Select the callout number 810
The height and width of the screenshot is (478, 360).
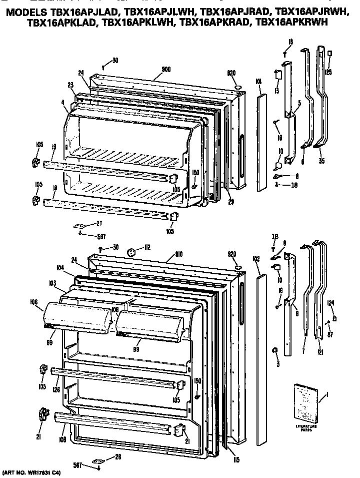(178, 255)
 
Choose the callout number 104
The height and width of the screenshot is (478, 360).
(61, 269)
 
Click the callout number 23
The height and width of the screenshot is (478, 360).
(70, 84)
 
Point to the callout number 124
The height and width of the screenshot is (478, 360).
(330, 302)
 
